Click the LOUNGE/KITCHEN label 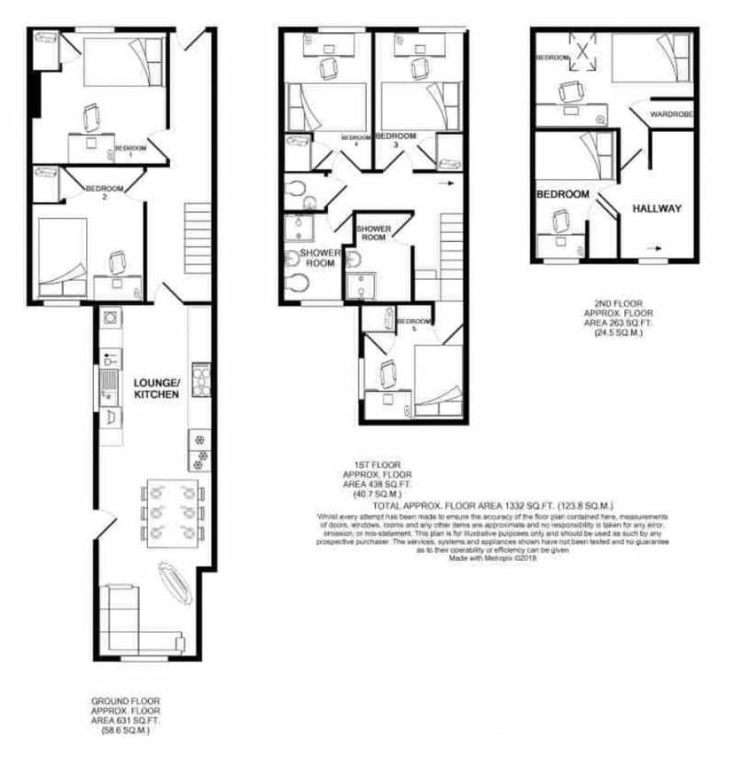(x=156, y=387)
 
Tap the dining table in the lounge (x=173, y=511)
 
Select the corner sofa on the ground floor (x=133, y=620)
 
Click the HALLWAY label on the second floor (x=657, y=208)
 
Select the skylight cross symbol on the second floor (x=583, y=52)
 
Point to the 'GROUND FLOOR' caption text (x=125, y=699)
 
